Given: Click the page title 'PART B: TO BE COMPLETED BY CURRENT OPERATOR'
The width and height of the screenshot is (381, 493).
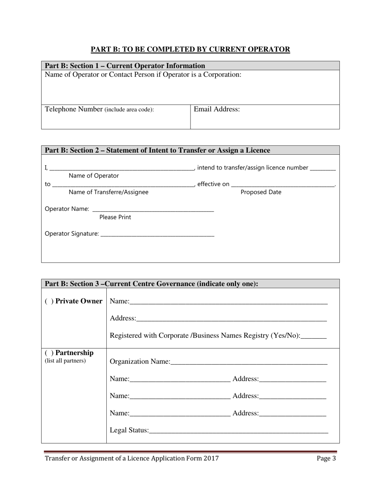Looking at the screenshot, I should (x=190, y=49).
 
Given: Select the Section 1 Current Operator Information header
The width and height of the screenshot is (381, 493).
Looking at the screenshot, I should (x=125, y=66).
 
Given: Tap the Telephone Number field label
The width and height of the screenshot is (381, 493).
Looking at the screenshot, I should (x=99, y=109).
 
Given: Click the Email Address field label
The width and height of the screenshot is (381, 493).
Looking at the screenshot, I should (x=217, y=109).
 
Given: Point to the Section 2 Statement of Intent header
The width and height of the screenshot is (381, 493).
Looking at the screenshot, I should (x=157, y=150).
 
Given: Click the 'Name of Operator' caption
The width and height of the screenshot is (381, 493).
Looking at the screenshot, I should (x=94, y=176).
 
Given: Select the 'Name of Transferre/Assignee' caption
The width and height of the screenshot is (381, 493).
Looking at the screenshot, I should (x=108, y=192).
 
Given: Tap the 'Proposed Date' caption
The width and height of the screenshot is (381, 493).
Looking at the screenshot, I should (x=261, y=192).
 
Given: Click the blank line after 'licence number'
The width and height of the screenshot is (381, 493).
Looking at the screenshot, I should (x=323, y=169).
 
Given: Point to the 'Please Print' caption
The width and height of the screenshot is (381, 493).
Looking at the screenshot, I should (x=115, y=217).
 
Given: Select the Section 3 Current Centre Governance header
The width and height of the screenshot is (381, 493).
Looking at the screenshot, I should (x=151, y=284).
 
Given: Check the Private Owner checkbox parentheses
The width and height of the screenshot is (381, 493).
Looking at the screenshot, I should (x=49, y=301).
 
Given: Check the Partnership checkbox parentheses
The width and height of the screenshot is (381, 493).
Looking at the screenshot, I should (x=49, y=353).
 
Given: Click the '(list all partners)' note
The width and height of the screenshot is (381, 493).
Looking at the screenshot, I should (x=65, y=361).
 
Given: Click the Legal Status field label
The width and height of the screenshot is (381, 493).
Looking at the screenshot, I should (x=129, y=430).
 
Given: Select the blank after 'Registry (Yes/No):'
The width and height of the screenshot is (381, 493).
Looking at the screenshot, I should (x=314, y=337).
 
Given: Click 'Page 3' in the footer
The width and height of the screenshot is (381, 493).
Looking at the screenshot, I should (x=326, y=459).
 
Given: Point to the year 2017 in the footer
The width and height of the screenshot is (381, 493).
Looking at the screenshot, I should (x=211, y=459).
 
